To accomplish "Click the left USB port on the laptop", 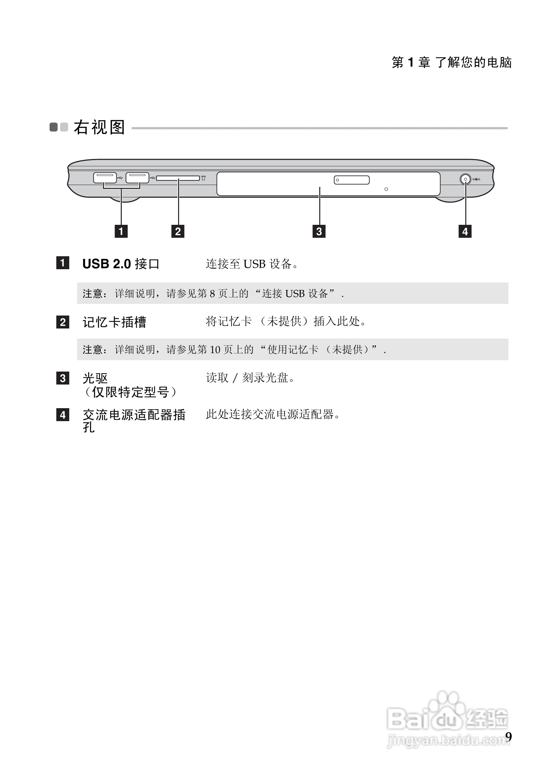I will click(105, 178).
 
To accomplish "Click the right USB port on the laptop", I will click(137, 178).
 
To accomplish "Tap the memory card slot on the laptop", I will click(177, 178).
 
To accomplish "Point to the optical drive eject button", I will click(351, 180).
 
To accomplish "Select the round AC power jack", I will click(465, 179).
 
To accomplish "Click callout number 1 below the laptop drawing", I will click(121, 231).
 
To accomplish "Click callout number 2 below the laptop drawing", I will click(178, 231).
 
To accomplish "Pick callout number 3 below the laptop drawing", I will click(319, 231).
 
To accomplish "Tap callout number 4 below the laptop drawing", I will click(465, 231).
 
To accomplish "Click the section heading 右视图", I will click(99, 127).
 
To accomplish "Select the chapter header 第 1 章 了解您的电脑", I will click(451, 63).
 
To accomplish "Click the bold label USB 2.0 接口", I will click(121, 264).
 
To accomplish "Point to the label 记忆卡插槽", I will click(114, 322).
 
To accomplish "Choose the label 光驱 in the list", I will click(95, 378).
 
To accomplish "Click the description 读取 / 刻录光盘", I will click(250, 378).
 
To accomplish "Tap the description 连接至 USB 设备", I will click(252, 264).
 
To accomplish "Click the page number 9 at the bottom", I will click(508, 737).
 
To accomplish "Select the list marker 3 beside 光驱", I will click(63, 378).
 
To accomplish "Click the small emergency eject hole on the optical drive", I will click(386, 189).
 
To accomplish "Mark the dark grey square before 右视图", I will click(54, 127).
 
